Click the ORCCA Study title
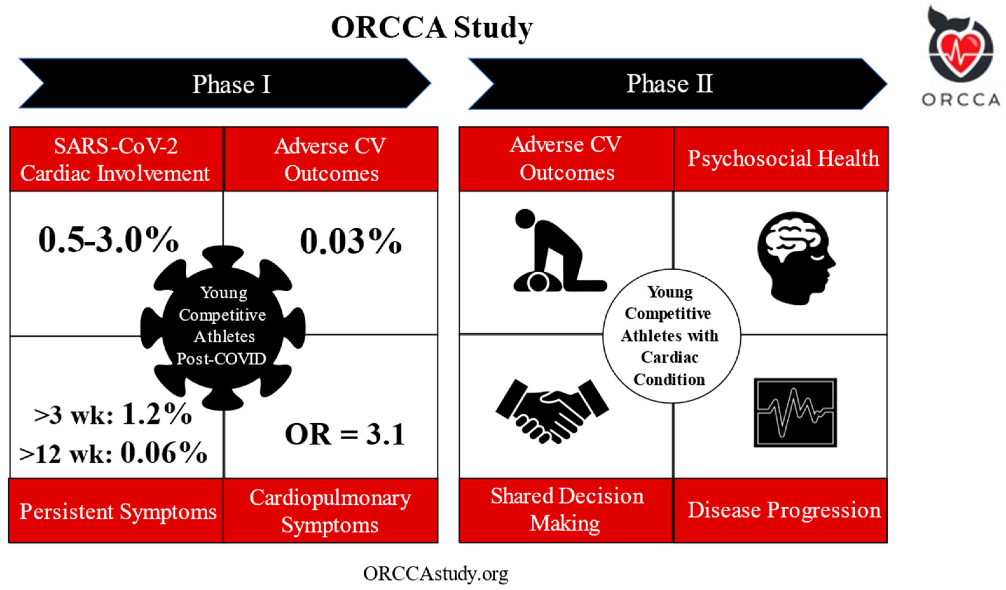tap(432, 28)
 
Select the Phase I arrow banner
tap(225, 83)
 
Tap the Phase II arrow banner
tap(678, 83)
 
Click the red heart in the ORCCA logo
tap(960, 56)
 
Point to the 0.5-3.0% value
tap(109, 240)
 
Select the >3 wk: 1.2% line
tap(113, 414)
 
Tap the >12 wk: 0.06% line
tap(113, 453)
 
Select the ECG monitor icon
tap(795, 413)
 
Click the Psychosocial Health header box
tap(781, 159)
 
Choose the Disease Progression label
tap(784, 510)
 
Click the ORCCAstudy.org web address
tap(436, 574)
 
